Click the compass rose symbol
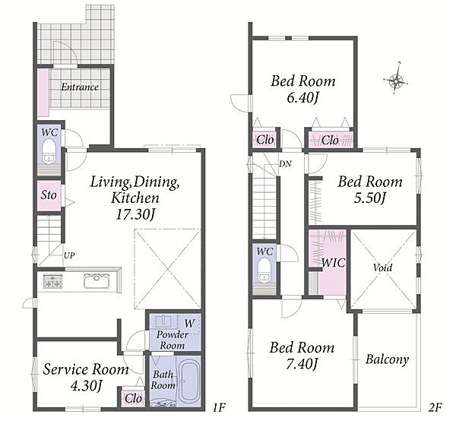(x=395, y=78)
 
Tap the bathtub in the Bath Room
(x=189, y=381)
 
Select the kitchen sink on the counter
(x=97, y=280)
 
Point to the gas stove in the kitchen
(x=53, y=281)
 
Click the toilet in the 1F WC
(x=49, y=151)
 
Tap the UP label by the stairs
(x=69, y=255)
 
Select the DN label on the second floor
(x=285, y=164)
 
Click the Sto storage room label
(x=49, y=195)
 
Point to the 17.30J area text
(x=135, y=215)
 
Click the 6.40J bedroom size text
(x=302, y=98)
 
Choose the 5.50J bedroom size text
(x=369, y=198)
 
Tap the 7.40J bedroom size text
(x=302, y=364)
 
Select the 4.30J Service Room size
(x=86, y=386)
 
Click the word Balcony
(x=387, y=359)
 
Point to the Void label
(x=382, y=267)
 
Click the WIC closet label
(x=334, y=263)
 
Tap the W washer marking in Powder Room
(x=189, y=323)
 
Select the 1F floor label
(x=219, y=408)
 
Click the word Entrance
(x=79, y=87)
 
